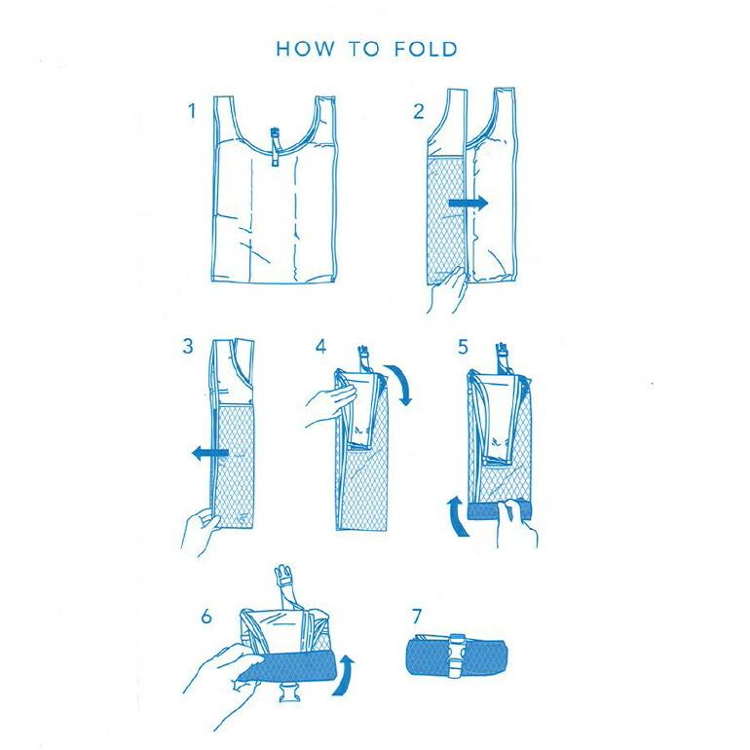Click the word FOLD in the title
point(426,50)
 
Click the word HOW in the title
point(305,50)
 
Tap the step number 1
point(192,111)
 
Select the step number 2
point(419,111)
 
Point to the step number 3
point(188,346)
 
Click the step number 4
point(321,347)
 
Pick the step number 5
point(463,347)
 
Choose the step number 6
point(206,617)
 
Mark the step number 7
point(417,617)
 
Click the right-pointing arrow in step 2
point(469,204)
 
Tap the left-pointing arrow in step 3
point(210,453)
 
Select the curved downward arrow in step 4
point(401,383)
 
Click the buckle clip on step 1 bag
point(275,146)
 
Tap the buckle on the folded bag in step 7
point(456,656)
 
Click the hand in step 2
point(447,290)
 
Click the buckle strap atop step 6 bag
point(289,586)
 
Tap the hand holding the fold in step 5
point(515,523)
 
